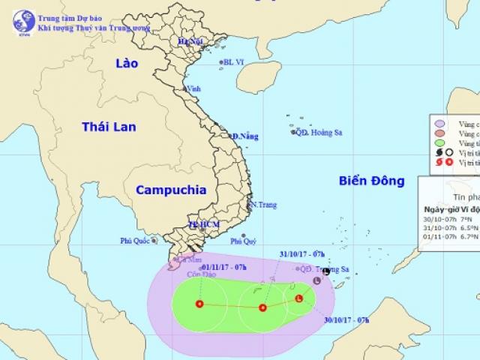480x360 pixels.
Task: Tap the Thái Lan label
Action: pos(109,127)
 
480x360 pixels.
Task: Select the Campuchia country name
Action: pos(170,190)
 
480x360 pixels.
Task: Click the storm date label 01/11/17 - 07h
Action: pos(226,265)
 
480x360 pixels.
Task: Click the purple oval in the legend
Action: pos(441,121)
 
